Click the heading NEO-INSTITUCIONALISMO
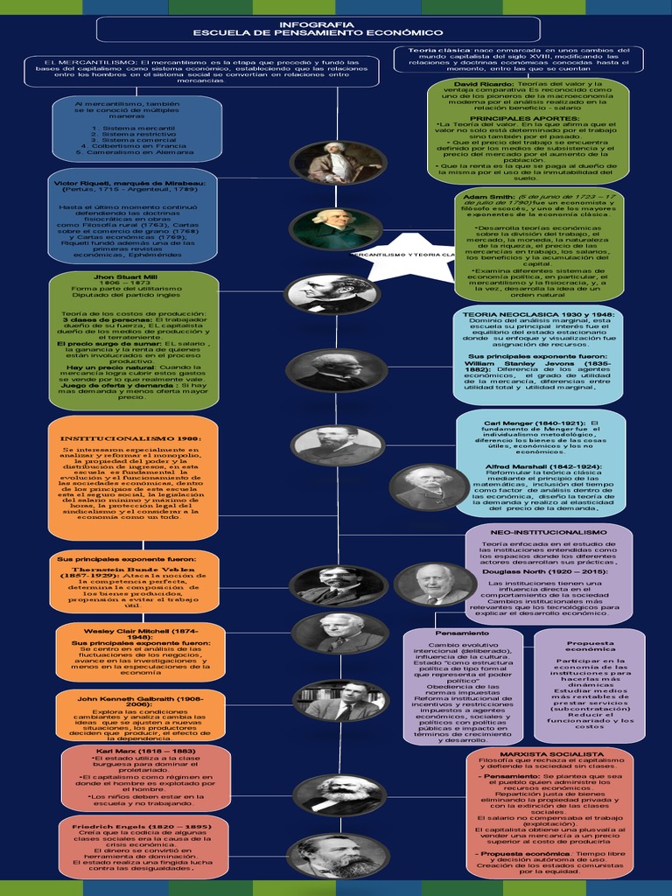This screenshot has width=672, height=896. tap(561, 532)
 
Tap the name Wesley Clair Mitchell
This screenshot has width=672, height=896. tap(141, 631)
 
